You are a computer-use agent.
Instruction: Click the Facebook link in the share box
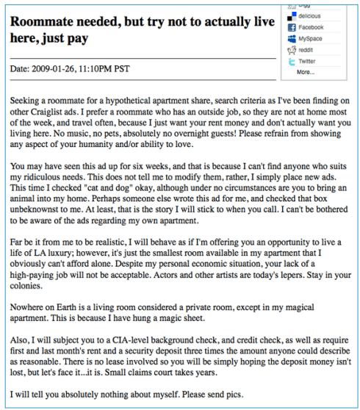point(311,27)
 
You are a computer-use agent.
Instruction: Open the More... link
point(306,72)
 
